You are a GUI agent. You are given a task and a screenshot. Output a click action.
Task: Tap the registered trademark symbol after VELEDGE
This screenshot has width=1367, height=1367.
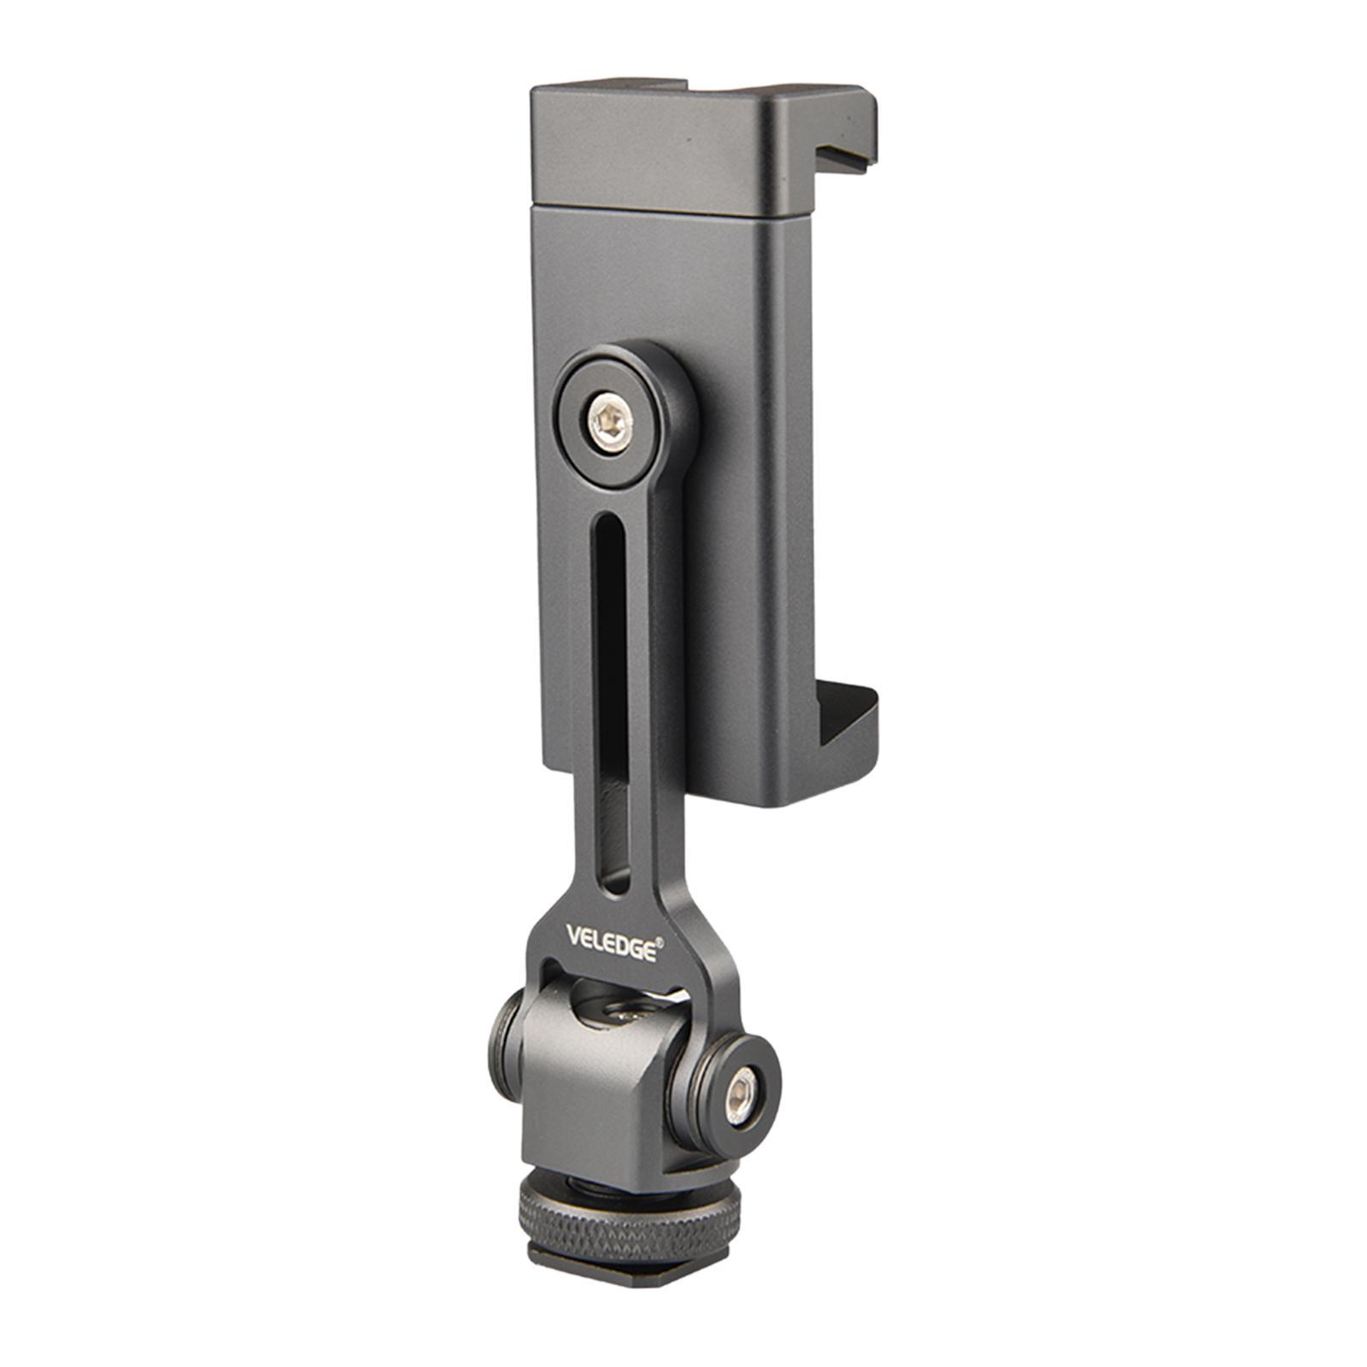pyautogui.click(x=660, y=936)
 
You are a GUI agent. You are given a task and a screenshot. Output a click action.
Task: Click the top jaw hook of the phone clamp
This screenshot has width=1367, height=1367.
pyautogui.click(x=841, y=137)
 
